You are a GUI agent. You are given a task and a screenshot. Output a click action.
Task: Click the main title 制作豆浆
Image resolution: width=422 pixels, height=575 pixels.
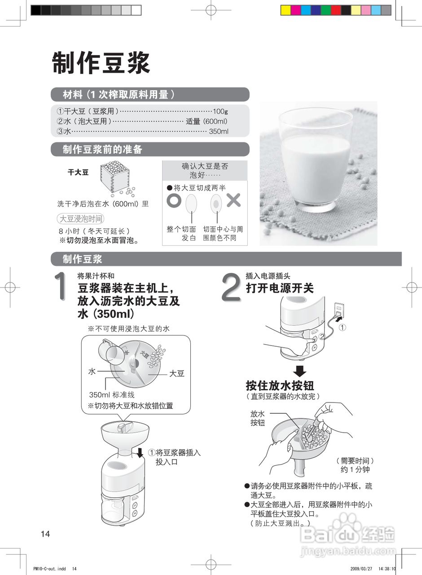101,62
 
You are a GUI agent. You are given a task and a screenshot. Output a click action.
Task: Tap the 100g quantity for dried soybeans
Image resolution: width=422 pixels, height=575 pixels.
220,111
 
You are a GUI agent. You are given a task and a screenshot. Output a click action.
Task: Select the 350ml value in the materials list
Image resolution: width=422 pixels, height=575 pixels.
219,132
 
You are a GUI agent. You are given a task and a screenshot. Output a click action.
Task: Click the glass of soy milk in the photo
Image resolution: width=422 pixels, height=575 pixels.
316,159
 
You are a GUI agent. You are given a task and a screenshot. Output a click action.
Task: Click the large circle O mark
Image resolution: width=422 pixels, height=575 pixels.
174,200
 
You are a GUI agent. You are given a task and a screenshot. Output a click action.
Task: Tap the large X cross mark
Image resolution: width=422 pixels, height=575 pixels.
233,200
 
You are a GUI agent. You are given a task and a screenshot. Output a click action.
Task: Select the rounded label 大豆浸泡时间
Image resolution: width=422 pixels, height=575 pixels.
80,219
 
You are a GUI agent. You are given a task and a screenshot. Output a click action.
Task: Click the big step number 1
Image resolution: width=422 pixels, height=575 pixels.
61,286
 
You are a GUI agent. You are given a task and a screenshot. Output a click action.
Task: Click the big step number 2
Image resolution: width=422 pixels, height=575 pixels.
231,287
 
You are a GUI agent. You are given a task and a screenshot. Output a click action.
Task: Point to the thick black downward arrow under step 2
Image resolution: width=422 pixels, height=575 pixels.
299,371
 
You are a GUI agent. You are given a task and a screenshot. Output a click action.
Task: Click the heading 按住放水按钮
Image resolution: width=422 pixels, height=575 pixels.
280,385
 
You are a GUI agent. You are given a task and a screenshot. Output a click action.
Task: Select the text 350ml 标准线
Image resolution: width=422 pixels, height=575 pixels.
112,394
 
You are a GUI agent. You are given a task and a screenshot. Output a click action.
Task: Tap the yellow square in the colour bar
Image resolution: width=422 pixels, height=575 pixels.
286,10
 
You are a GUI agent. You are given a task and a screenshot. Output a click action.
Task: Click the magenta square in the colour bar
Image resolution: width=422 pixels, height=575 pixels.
296,10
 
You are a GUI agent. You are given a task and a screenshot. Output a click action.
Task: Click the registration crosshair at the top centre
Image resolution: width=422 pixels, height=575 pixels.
211,10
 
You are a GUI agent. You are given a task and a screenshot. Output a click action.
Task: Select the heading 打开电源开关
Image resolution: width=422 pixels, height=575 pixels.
280,288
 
